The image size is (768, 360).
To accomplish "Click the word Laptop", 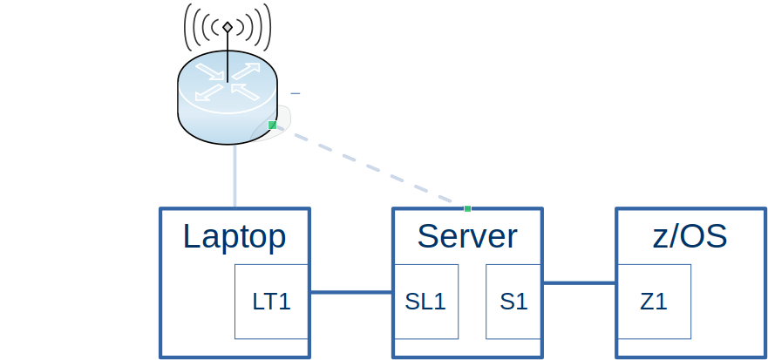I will [234, 236].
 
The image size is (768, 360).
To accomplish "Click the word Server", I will [467, 236].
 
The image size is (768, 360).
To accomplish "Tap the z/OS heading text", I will [690, 236].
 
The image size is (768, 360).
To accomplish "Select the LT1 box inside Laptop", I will [272, 302].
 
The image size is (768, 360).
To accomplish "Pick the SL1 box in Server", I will [425, 302].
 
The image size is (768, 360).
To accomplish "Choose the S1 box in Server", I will [513, 302].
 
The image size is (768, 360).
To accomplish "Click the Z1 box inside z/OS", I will [654, 302].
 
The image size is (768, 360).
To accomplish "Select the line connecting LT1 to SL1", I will [351, 292].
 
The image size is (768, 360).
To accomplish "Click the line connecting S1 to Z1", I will [579, 282].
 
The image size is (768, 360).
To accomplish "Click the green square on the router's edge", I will [272, 126].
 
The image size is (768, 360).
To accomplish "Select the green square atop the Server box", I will [467, 208].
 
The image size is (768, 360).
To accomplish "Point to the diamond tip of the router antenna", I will [228, 28].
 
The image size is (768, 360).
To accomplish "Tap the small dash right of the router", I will [296, 92].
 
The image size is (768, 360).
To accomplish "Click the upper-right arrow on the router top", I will [248, 70].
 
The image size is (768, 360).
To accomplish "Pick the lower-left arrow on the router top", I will [207, 92].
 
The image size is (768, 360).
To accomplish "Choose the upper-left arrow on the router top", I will [207, 70].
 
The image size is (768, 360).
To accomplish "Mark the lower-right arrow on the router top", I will [248, 92].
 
